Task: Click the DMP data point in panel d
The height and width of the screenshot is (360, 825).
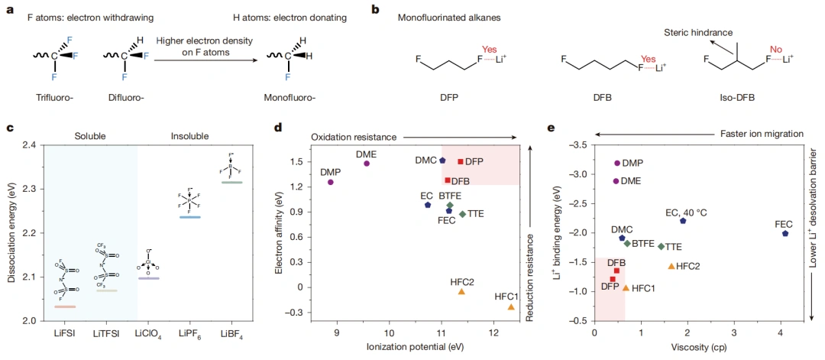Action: tap(331, 182)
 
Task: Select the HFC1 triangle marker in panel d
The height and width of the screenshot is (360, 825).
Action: tap(511, 306)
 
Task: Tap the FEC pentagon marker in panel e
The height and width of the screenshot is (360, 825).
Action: tap(785, 233)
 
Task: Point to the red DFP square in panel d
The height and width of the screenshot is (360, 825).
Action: tap(461, 161)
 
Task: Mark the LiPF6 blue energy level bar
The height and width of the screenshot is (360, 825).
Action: tap(189, 217)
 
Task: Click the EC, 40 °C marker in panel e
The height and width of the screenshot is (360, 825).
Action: tap(683, 221)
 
